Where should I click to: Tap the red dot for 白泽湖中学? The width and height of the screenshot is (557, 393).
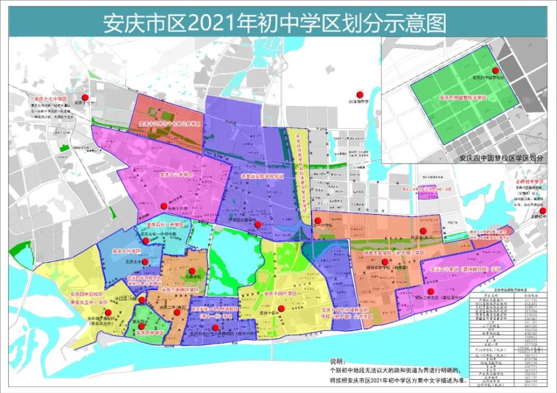click(360, 94)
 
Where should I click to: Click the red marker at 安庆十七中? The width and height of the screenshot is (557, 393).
click(85, 96)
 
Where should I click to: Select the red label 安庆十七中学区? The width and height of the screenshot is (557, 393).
click(48, 98)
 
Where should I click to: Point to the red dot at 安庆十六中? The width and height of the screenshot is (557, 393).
click(164, 205)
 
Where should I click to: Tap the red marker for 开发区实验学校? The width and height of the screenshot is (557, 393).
click(258, 225)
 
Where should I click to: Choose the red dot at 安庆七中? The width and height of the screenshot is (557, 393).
click(144, 262)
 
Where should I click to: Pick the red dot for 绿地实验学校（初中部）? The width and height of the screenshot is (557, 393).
click(384, 261)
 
